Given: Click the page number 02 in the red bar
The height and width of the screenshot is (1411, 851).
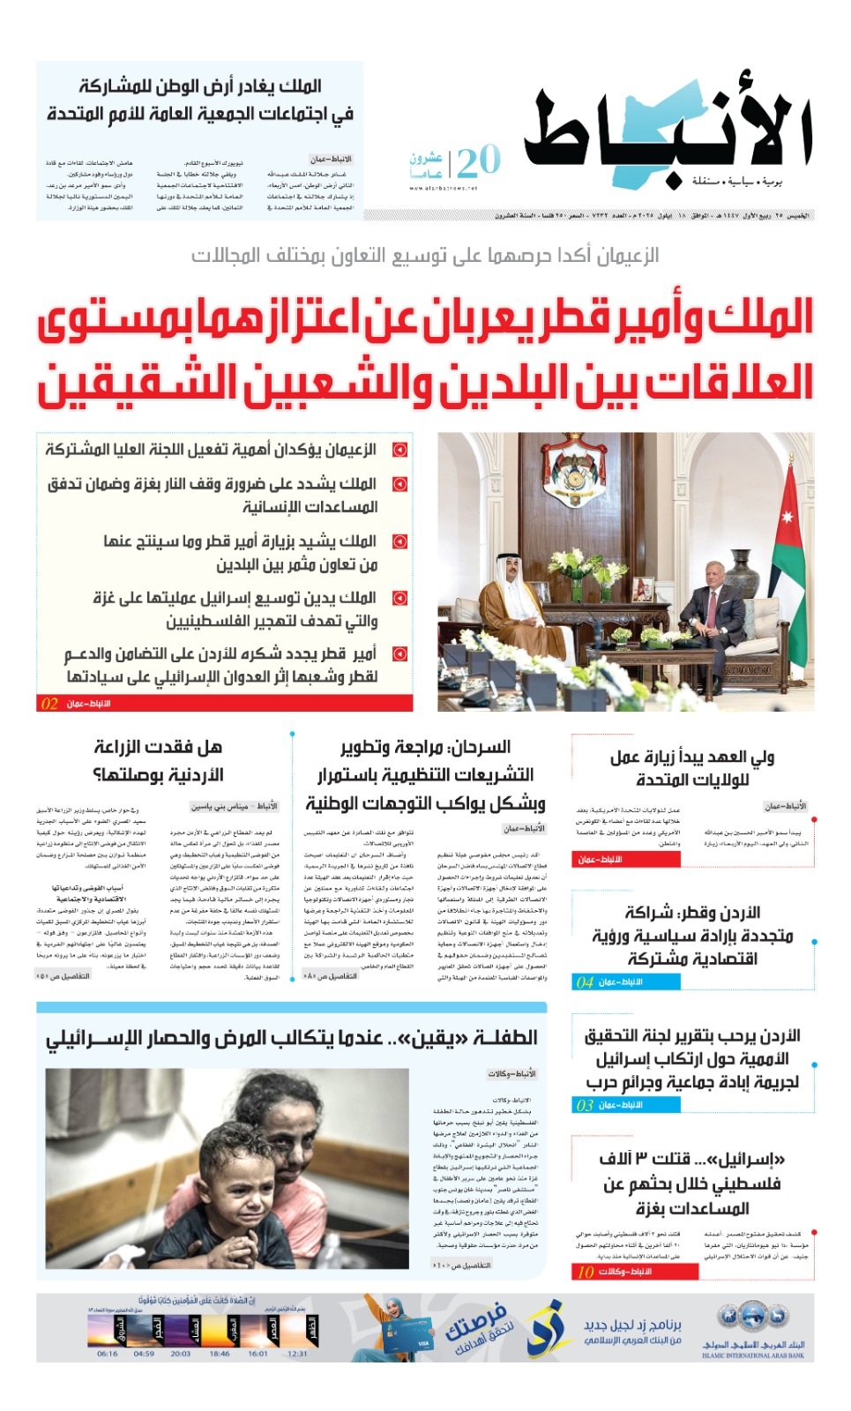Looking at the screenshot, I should pyautogui.click(x=50, y=704).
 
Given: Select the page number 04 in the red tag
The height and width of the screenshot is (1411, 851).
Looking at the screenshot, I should pyautogui.click(x=585, y=982).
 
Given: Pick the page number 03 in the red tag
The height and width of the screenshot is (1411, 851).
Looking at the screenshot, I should pyautogui.click(x=585, y=1105).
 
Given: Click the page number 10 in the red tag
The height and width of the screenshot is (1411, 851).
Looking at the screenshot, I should pyautogui.click(x=586, y=1272).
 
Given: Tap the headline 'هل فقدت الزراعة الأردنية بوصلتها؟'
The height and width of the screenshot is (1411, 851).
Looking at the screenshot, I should pyautogui.click(x=158, y=760).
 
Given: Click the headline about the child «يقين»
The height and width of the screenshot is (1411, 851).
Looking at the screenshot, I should pyautogui.click(x=291, y=1038).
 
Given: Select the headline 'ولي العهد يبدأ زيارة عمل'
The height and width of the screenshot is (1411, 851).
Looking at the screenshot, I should pyautogui.click(x=692, y=767).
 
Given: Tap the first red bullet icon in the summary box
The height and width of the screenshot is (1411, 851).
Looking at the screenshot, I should pyautogui.click(x=399, y=450).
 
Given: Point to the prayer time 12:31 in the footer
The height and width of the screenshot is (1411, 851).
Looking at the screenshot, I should pyautogui.click(x=297, y=1354).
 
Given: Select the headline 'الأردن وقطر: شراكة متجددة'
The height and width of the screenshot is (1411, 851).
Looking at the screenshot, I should pyautogui.click(x=692, y=935).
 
